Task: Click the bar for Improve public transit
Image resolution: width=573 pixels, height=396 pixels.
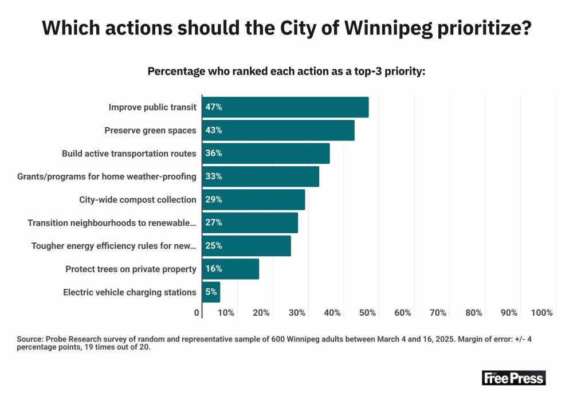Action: (285, 107)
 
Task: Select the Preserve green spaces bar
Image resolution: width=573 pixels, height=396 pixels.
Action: (278, 130)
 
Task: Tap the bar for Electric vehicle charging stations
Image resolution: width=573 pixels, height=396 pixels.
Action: (211, 292)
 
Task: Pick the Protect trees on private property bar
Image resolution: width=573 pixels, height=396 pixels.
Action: (230, 269)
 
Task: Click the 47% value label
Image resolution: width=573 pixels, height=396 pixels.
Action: (214, 107)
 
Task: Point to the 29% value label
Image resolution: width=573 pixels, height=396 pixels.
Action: (214, 199)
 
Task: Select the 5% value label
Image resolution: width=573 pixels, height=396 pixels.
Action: (211, 292)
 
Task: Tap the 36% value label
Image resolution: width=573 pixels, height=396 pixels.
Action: (214, 153)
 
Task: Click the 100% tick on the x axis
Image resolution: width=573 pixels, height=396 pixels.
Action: (541, 313)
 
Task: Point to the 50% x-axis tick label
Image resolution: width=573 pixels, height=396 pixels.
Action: (367, 313)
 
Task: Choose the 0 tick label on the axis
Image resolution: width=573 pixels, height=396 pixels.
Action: (197, 313)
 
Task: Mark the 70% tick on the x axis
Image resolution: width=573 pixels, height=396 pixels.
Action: (438, 313)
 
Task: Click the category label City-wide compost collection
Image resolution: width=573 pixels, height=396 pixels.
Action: (138, 200)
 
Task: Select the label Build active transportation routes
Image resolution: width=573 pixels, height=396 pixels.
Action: (129, 154)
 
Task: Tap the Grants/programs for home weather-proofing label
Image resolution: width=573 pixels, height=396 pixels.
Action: (107, 177)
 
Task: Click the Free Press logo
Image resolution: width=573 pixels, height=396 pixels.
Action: (513, 378)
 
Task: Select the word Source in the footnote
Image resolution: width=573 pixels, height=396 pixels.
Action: (31, 339)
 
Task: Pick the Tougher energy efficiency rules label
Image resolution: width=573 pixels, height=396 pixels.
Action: (113, 246)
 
